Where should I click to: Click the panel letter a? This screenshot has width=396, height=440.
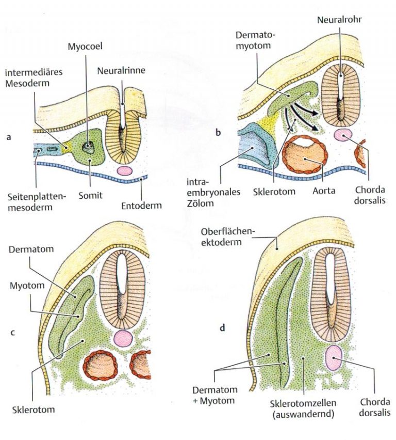pyautogui.click(x=8, y=138)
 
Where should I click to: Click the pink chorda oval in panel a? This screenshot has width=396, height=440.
pyautogui.click(x=124, y=170)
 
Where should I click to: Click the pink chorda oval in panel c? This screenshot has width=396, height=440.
pyautogui.click(x=123, y=338)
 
